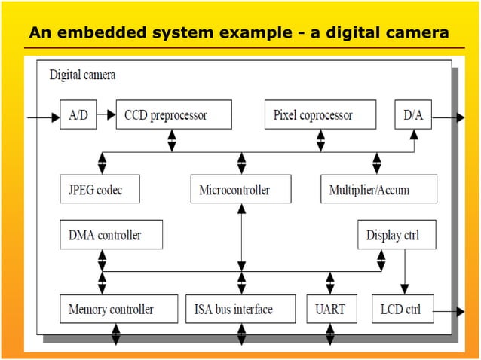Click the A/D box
[x=78, y=115]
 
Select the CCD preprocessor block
[x=173, y=115]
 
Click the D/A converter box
[x=413, y=115]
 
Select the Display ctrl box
[x=392, y=235]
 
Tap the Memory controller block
[x=111, y=309]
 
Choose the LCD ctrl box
[x=403, y=309]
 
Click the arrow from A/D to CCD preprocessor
[x=106, y=115]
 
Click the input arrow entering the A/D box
[x=42, y=117]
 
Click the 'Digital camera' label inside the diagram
[x=82, y=75]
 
